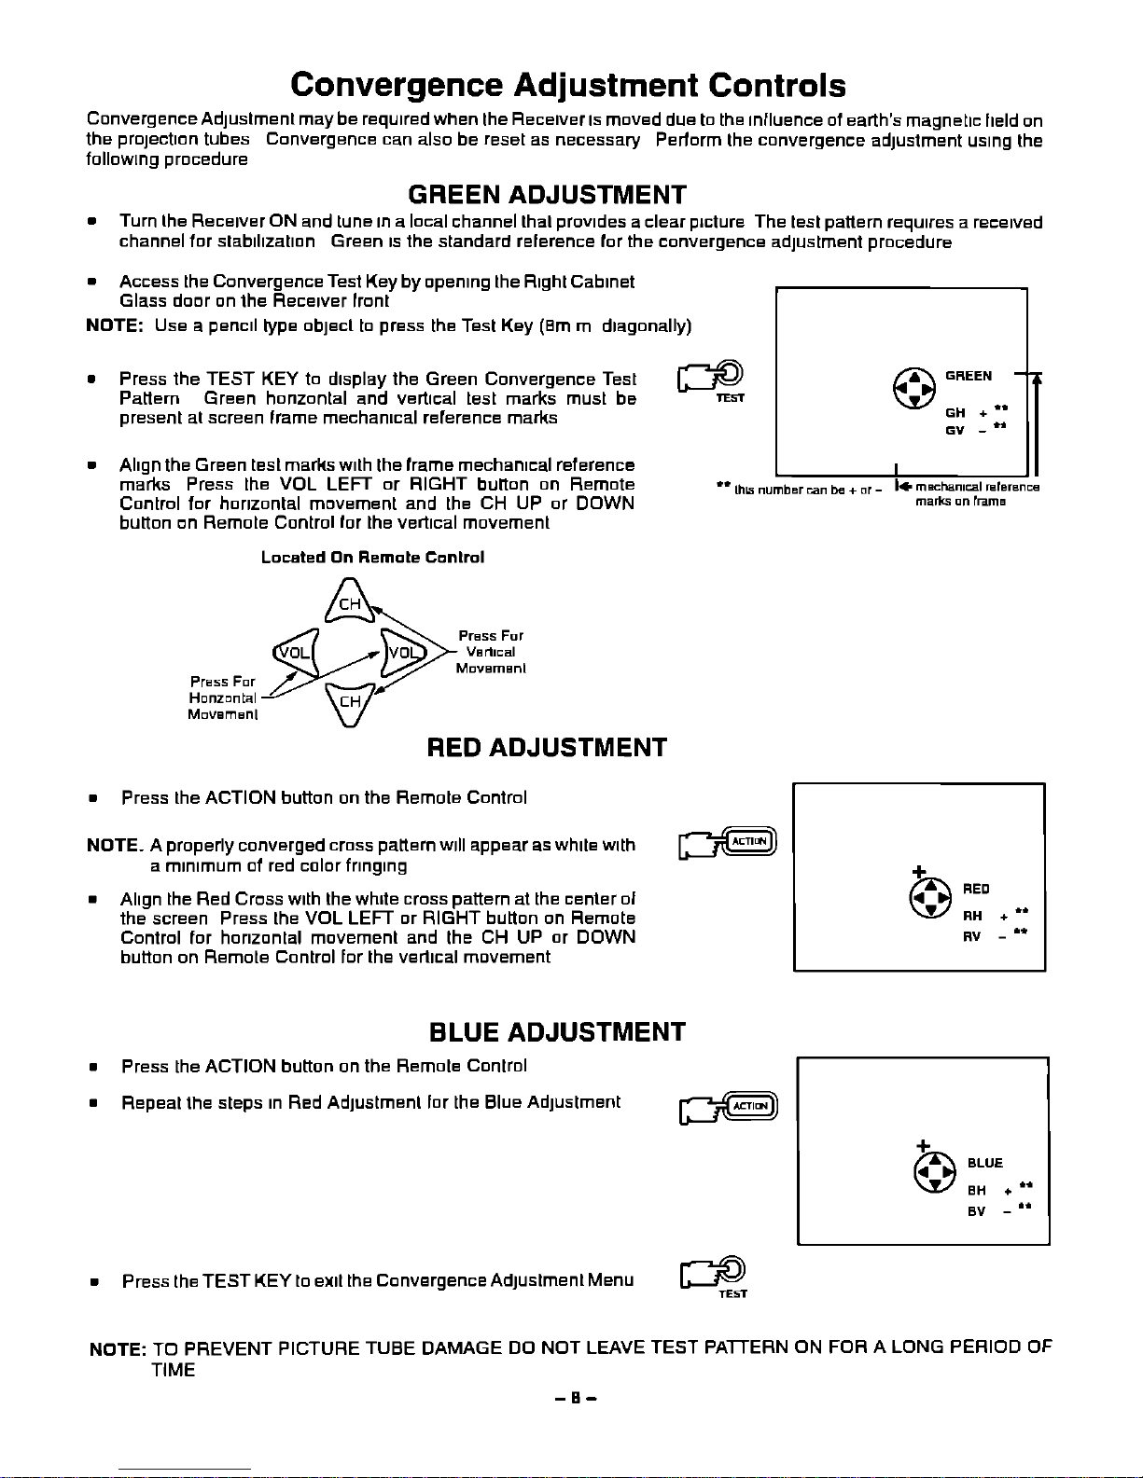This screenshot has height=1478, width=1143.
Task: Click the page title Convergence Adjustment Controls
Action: pos(567,86)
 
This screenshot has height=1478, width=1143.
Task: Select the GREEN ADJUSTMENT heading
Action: pos(547,195)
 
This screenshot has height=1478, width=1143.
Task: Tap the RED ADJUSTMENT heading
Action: pos(546,748)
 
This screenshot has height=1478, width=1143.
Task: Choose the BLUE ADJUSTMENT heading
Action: pos(556,1032)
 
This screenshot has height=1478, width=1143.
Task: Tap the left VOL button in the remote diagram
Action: pos(296,652)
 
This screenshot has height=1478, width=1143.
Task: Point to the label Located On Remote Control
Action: pos(372,558)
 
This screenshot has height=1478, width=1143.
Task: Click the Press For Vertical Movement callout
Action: pos(491,652)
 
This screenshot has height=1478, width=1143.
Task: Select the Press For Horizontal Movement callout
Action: pos(222,698)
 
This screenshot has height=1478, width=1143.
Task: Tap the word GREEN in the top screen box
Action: pos(968,376)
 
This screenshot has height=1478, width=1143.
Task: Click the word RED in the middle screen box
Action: pos(976,889)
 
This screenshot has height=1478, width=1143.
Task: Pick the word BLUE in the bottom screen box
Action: pos(985,1163)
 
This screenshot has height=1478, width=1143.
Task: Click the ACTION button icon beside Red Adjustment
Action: pos(747,841)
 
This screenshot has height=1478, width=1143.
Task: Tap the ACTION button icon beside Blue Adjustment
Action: pos(749,1106)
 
